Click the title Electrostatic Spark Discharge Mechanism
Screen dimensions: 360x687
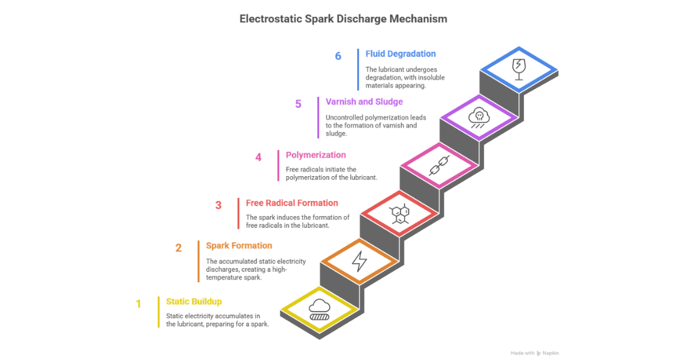pos(343,19)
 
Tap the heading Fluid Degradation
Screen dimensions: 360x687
pos(400,54)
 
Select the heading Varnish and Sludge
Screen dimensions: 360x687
pos(364,102)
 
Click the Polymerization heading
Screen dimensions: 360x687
pos(315,155)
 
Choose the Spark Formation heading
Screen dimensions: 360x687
pos(239,245)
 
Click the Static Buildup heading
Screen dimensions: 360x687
pos(194,302)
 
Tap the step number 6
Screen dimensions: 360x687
pos(338,56)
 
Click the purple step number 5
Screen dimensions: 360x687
pos(298,104)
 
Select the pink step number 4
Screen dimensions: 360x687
pos(258,158)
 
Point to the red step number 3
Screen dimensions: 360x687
pos(219,206)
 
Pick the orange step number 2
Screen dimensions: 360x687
pos(179,248)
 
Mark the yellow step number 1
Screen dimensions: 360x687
pos(138,304)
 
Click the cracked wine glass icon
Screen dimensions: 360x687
pos(519,68)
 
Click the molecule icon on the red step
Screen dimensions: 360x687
pos(399,213)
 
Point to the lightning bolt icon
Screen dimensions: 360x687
pos(359,261)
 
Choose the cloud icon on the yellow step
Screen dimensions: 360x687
pos(319,308)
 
